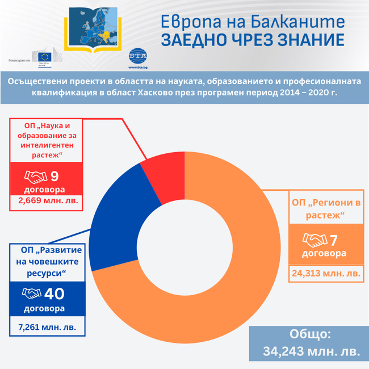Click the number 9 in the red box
pyautogui.click(x=55, y=176)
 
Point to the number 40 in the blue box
pyautogui.click(x=54, y=293)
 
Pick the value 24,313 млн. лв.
pyautogui.click(x=325, y=273)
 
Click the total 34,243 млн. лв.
pyautogui.click(x=311, y=351)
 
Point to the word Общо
pyautogui.click(x=310, y=334)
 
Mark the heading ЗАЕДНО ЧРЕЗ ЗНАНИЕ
pyautogui.click(x=253, y=40)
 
